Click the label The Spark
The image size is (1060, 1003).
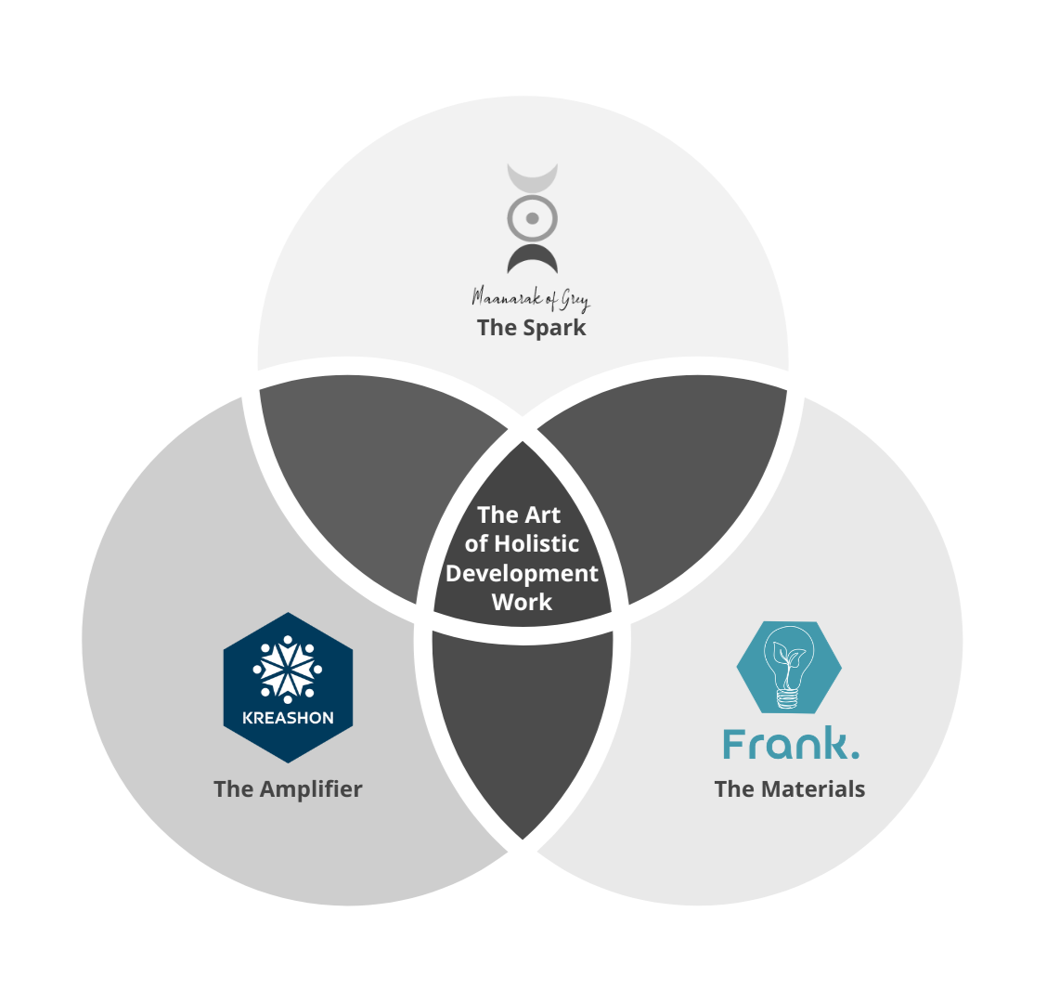point(531,328)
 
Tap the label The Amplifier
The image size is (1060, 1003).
point(288,789)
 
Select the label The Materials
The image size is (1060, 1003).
point(789,789)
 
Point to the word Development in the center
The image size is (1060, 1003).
point(522,573)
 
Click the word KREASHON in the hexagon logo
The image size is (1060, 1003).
point(288,718)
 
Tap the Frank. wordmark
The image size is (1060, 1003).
point(789,745)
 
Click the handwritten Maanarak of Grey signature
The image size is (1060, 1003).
point(531,298)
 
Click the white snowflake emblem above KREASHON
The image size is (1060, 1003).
point(288,668)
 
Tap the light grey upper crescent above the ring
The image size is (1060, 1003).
point(532,176)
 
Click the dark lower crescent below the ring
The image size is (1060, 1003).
point(532,255)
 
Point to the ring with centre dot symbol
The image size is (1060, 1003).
point(532,219)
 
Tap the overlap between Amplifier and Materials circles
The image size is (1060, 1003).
point(523,724)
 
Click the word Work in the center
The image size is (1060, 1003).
point(522,602)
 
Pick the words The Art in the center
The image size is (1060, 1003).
point(519,515)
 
